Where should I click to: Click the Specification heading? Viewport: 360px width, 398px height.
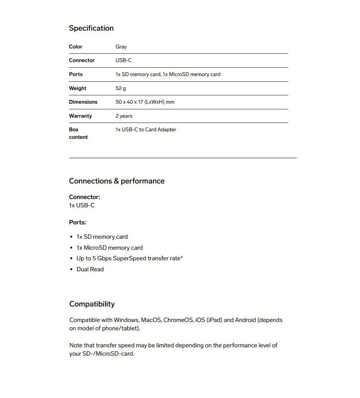pyautogui.click(x=91, y=28)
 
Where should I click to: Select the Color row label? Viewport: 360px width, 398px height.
pyautogui.click(x=76, y=47)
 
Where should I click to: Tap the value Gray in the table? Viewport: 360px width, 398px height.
pyautogui.click(x=121, y=47)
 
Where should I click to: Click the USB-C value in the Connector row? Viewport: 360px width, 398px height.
pyautogui.click(x=124, y=61)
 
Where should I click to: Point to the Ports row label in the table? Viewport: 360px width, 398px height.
pyautogui.click(x=76, y=75)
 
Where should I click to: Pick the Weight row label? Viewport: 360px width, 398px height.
pyautogui.click(x=78, y=88)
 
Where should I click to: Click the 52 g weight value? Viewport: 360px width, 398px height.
pyautogui.click(x=121, y=88)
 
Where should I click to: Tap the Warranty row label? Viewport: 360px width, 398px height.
pyautogui.click(x=80, y=116)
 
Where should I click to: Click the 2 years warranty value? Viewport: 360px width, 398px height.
pyautogui.click(x=124, y=116)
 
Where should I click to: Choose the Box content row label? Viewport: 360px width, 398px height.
pyautogui.click(x=78, y=133)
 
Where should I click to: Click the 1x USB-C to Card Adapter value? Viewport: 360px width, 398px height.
pyautogui.click(x=146, y=130)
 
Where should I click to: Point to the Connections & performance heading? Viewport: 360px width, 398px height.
pyautogui.click(x=116, y=181)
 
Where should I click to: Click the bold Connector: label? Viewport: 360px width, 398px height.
pyautogui.click(x=84, y=197)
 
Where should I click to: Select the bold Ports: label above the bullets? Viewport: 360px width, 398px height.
pyautogui.click(x=78, y=222)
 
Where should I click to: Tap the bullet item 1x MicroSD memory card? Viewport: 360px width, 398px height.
pyautogui.click(x=109, y=248)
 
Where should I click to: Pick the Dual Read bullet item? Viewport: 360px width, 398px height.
pyautogui.click(x=90, y=269)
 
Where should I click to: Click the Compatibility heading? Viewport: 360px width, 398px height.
pyautogui.click(x=92, y=304)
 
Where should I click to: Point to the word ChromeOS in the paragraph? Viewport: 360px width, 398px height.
pyautogui.click(x=178, y=320)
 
